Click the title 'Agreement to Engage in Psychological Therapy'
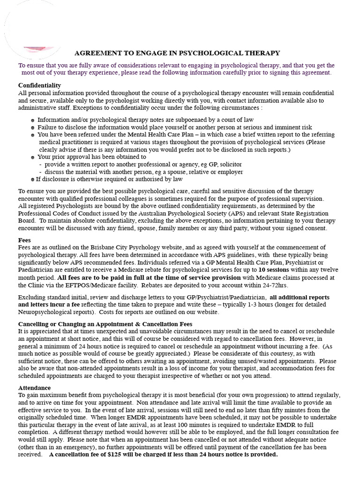coord(177,53)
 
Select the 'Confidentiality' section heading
coord(39,85)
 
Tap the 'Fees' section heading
coord(25,240)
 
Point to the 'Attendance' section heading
coord(34,388)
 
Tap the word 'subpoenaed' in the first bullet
coord(194,120)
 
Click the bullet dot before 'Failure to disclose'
coord(32,127)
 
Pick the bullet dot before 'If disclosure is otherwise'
coord(32,180)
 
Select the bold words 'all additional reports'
coord(300,297)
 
